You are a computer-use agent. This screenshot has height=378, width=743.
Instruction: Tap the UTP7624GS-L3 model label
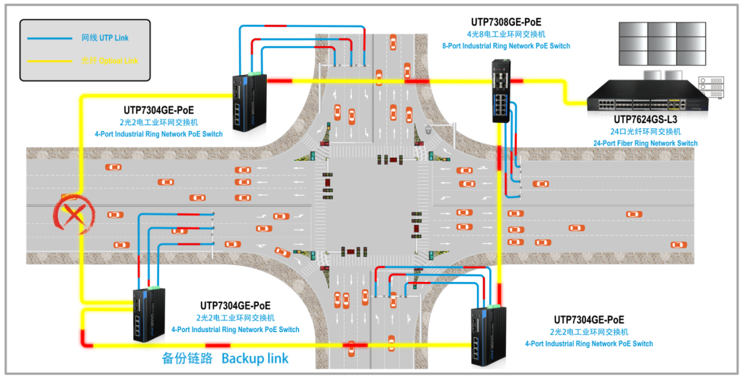click(646, 119)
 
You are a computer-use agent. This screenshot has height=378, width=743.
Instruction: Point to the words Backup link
click(255, 358)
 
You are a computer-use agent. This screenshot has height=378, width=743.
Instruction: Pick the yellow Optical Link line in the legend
click(50, 61)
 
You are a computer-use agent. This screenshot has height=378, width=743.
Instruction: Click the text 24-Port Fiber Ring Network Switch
click(646, 143)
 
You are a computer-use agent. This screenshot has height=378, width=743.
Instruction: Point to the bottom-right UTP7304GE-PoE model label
click(589, 320)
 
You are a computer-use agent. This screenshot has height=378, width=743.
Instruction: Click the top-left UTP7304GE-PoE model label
click(158, 110)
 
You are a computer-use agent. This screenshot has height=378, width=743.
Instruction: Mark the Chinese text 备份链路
click(187, 358)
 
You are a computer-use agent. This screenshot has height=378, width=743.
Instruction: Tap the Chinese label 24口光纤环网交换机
click(646, 132)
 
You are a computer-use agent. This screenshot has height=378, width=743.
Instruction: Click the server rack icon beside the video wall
click(710, 87)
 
